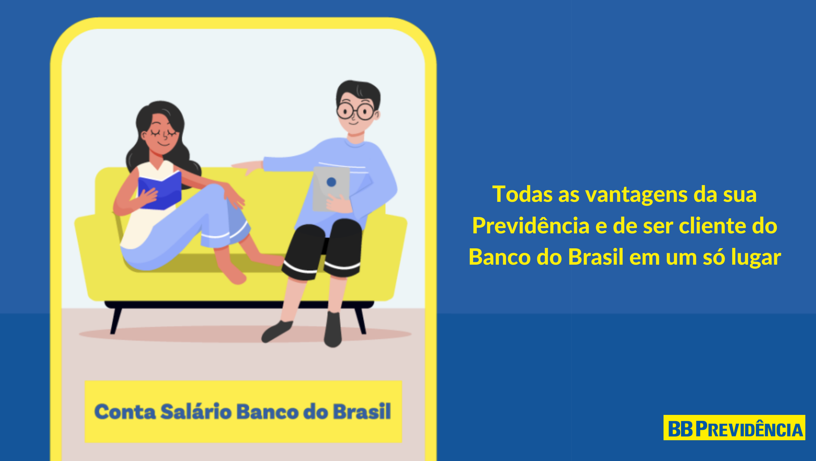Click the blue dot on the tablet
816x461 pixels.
coord(331,182)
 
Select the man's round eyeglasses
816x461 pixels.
coord(355,111)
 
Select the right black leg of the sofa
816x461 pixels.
coord(360,320)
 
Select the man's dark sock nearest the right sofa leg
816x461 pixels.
coord(333,330)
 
